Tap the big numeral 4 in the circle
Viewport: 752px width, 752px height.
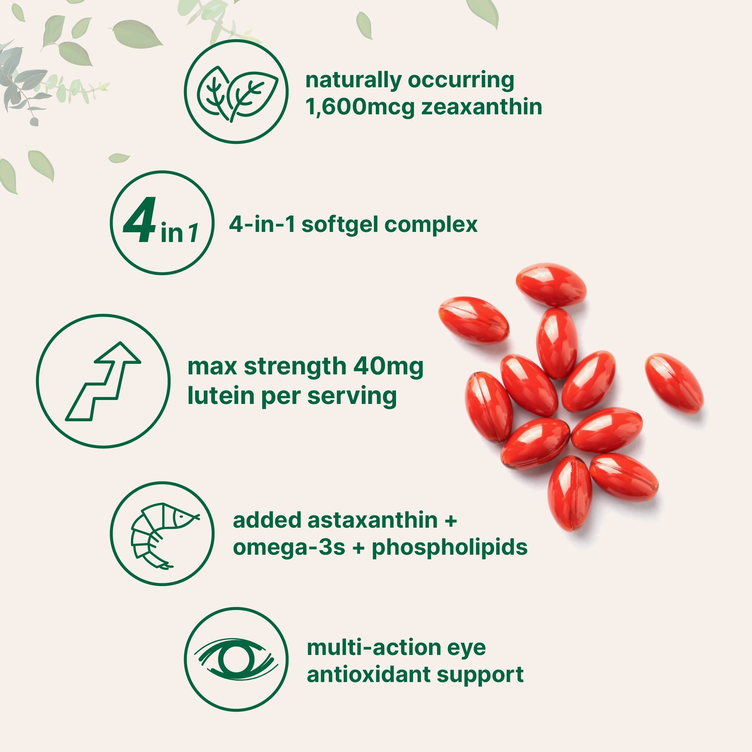[140, 220]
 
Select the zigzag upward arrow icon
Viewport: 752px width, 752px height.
[103, 382]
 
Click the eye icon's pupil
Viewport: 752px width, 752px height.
[236, 660]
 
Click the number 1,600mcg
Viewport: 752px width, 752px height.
[360, 107]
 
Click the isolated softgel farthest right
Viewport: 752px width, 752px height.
[674, 383]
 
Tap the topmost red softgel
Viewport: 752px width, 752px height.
[551, 285]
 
